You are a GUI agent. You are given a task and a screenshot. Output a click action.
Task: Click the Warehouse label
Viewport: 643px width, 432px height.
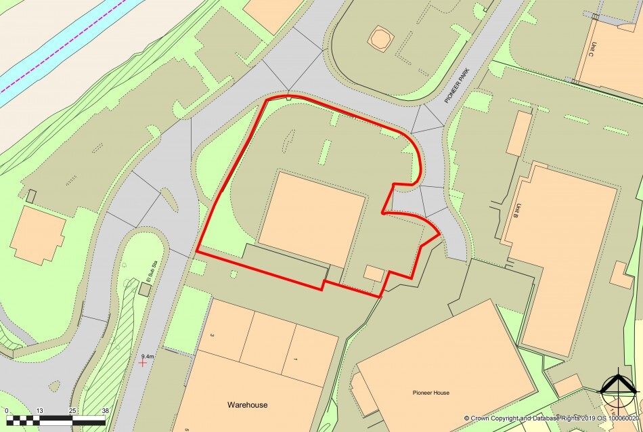[247, 405]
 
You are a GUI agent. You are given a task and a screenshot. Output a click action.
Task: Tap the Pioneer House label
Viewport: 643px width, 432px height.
[431, 393]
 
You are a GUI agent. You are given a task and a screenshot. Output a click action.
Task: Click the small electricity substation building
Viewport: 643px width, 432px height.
[145, 289]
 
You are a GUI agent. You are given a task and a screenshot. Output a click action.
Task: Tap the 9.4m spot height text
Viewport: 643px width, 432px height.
[148, 355]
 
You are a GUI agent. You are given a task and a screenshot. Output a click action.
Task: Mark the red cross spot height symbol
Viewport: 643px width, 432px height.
[142, 364]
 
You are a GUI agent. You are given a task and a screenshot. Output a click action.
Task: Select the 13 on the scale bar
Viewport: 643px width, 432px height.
[40, 411]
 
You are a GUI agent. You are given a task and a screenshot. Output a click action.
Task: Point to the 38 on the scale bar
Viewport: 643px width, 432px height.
[104, 411]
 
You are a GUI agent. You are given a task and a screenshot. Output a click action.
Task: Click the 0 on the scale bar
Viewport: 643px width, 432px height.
[7, 411]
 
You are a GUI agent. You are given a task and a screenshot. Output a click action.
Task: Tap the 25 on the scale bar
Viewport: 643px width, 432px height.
[72, 411]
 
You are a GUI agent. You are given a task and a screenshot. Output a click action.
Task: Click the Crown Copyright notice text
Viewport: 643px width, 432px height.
[552, 418]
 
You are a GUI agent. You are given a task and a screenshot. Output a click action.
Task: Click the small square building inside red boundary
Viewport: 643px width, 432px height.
[374, 273]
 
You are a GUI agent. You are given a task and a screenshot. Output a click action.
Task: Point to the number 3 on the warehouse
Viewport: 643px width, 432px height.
[212, 335]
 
